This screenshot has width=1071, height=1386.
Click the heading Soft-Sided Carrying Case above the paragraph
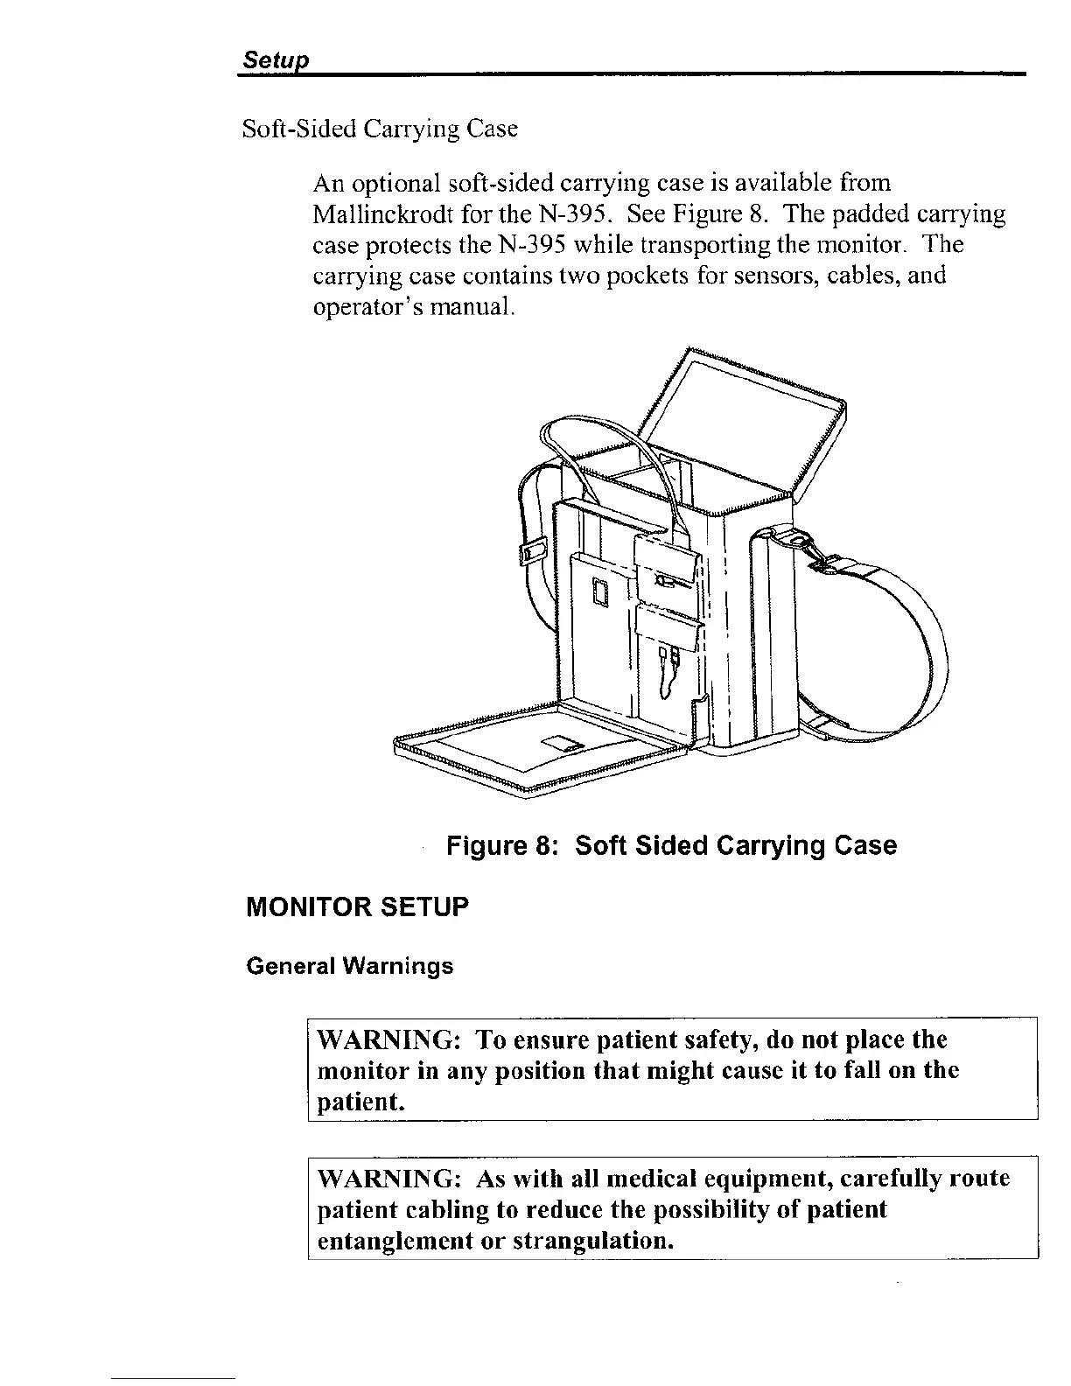click(380, 129)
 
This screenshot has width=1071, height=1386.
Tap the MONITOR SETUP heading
click(358, 906)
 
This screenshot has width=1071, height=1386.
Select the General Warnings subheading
click(350, 967)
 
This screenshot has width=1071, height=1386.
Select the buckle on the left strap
click(531, 549)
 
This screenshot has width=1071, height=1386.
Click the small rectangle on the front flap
click(562, 745)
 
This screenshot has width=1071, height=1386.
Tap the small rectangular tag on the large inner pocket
click(600, 592)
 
